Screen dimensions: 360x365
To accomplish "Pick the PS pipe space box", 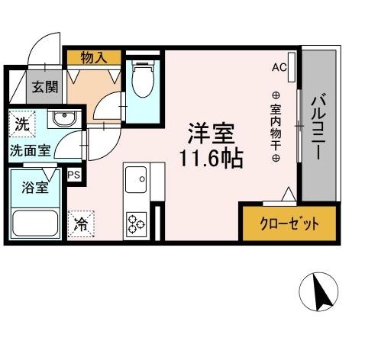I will [75, 175].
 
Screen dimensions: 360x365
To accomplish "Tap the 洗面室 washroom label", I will [31, 150].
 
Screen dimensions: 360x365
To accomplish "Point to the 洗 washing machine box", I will [21, 122].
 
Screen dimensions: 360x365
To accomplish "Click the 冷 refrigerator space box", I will [80, 223].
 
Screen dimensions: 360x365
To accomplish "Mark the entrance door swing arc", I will [44, 46].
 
